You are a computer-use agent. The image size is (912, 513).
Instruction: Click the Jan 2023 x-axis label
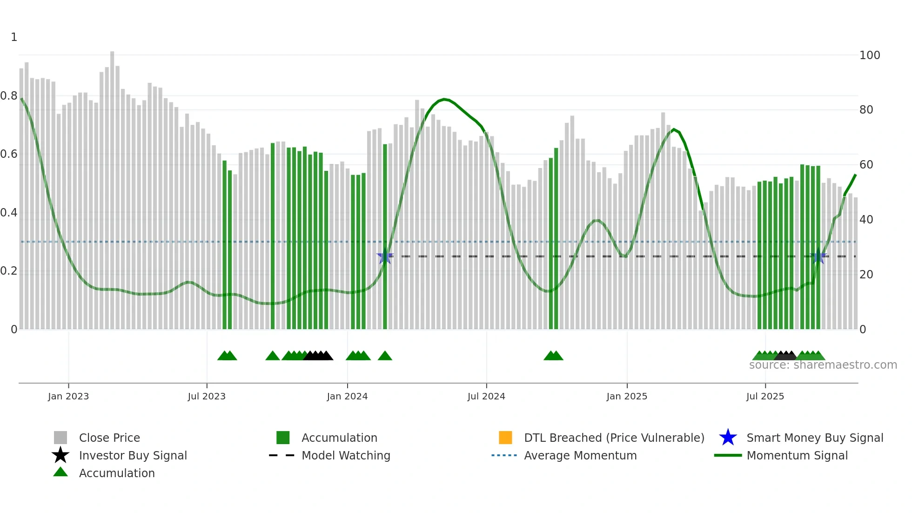pyautogui.click(x=68, y=396)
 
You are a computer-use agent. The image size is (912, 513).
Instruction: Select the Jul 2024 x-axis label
pyautogui.click(x=486, y=396)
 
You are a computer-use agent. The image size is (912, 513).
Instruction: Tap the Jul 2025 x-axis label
pyautogui.click(x=765, y=396)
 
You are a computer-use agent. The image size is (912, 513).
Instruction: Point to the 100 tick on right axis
pyautogui.click(x=869, y=55)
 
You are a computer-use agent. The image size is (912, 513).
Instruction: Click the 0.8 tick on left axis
pyautogui.click(x=9, y=96)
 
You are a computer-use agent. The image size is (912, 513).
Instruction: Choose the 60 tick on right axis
pyautogui.click(x=866, y=165)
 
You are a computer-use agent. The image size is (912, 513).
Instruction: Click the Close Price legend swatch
pyautogui.click(x=60, y=438)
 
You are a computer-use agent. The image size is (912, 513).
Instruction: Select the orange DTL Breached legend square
pyautogui.click(x=505, y=438)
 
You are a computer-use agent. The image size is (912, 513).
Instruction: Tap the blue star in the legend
pyautogui.click(x=728, y=438)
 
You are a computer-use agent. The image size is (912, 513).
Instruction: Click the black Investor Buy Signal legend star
pyautogui.click(x=60, y=455)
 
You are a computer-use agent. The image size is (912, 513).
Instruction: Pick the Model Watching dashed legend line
pyautogui.click(x=282, y=455)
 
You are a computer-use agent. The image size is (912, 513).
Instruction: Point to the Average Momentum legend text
pyautogui.click(x=580, y=455)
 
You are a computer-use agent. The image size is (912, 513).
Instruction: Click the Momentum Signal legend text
pyautogui.click(x=797, y=455)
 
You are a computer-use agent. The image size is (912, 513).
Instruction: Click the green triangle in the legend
pyautogui.click(x=60, y=472)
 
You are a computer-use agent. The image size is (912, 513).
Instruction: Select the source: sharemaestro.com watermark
pyautogui.click(x=823, y=365)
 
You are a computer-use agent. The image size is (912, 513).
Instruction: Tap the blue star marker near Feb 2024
pyautogui.click(x=385, y=256)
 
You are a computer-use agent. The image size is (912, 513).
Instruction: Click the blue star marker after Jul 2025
pyautogui.click(x=818, y=256)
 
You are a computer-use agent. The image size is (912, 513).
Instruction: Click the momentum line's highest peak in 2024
pyautogui.click(x=444, y=99)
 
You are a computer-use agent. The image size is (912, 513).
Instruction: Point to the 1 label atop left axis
pyautogui.click(x=14, y=37)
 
